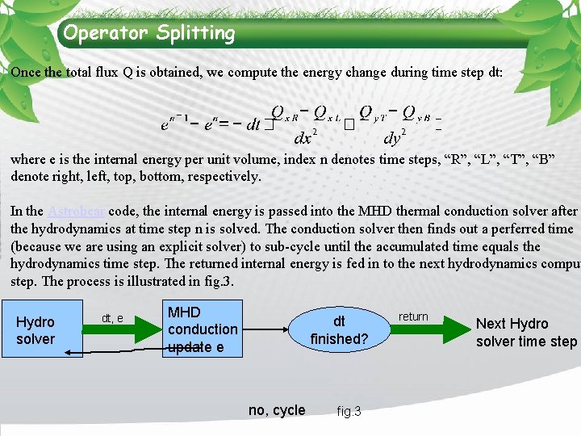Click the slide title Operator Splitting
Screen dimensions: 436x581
pyautogui.click(x=149, y=33)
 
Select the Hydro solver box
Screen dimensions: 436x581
pyautogui.click(x=36, y=331)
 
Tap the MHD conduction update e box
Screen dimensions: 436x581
pyautogui.click(x=203, y=329)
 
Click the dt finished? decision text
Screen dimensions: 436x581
pyautogui.click(x=339, y=330)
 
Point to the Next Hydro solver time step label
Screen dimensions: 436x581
pyautogui.click(x=525, y=332)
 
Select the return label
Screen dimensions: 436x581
pyautogui.click(x=413, y=317)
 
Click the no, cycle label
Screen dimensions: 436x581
pyautogui.click(x=277, y=410)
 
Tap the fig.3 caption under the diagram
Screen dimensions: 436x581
pyautogui.click(x=349, y=412)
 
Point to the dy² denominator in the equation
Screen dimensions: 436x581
pyautogui.click(x=394, y=136)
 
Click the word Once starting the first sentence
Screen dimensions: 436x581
pyautogui.click(x=26, y=72)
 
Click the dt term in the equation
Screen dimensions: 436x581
pyautogui.click(x=253, y=124)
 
